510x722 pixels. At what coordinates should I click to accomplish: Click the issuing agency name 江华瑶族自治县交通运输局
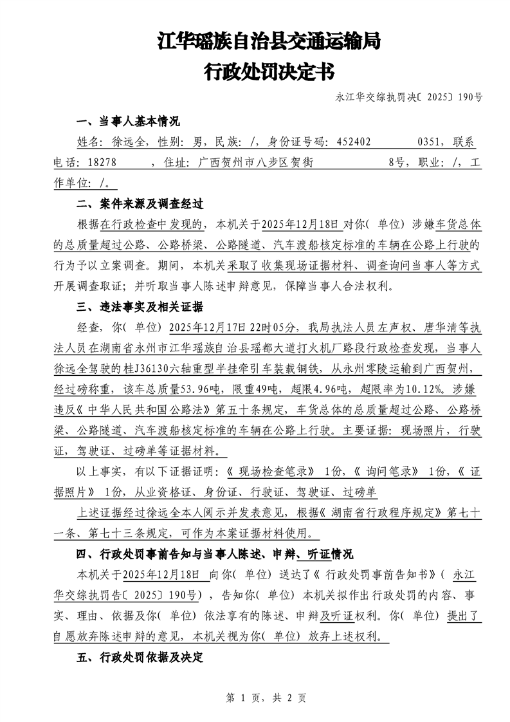(269, 42)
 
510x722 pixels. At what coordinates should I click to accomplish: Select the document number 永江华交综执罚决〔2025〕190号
(409, 98)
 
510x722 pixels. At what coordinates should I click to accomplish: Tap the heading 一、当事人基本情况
(128, 122)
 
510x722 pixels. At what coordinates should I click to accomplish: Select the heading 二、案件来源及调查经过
(140, 205)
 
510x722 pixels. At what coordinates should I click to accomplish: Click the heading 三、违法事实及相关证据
(140, 306)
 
